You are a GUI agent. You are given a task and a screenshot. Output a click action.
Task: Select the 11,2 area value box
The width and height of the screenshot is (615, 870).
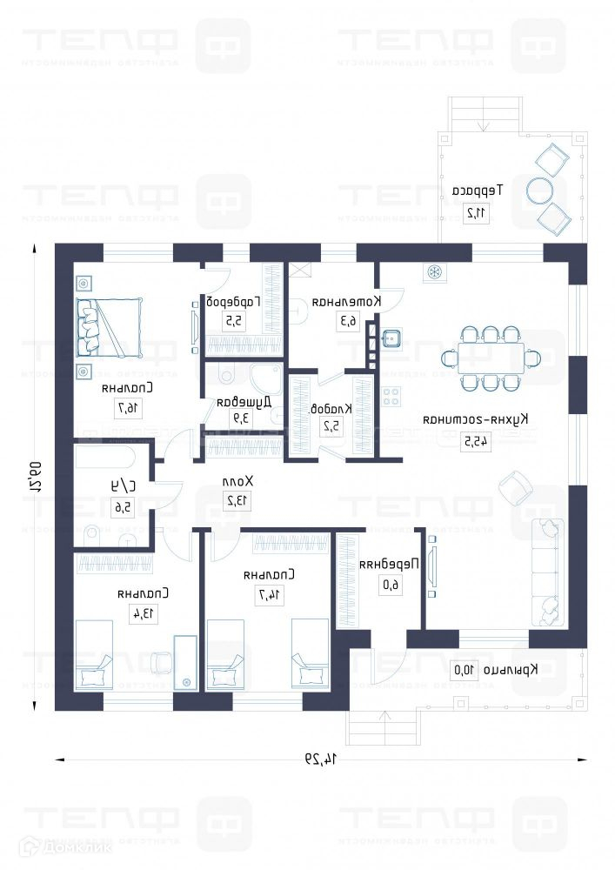pyautogui.click(x=476, y=212)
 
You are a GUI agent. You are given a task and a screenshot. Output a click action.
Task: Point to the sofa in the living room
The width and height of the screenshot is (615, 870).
pyautogui.click(x=548, y=572)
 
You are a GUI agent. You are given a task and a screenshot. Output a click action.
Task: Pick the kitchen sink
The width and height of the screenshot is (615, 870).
pyautogui.click(x=391, y=338)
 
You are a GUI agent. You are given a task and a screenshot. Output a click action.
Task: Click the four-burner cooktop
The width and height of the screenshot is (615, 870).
pyautogui.click(x=391, y=397)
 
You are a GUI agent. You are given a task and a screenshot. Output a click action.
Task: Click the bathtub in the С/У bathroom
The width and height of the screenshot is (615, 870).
pyautogui.click(x=104, y=457)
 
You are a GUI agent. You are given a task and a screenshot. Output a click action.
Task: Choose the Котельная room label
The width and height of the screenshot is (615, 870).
pyautogui.click(x=346, y=301)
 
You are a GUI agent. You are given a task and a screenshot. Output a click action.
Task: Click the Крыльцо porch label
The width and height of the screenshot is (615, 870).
pyautogui.click(x=506, y=669)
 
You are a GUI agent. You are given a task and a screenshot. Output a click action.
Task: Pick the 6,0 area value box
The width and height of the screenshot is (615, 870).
pyautogui.click(x=391, y=585)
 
